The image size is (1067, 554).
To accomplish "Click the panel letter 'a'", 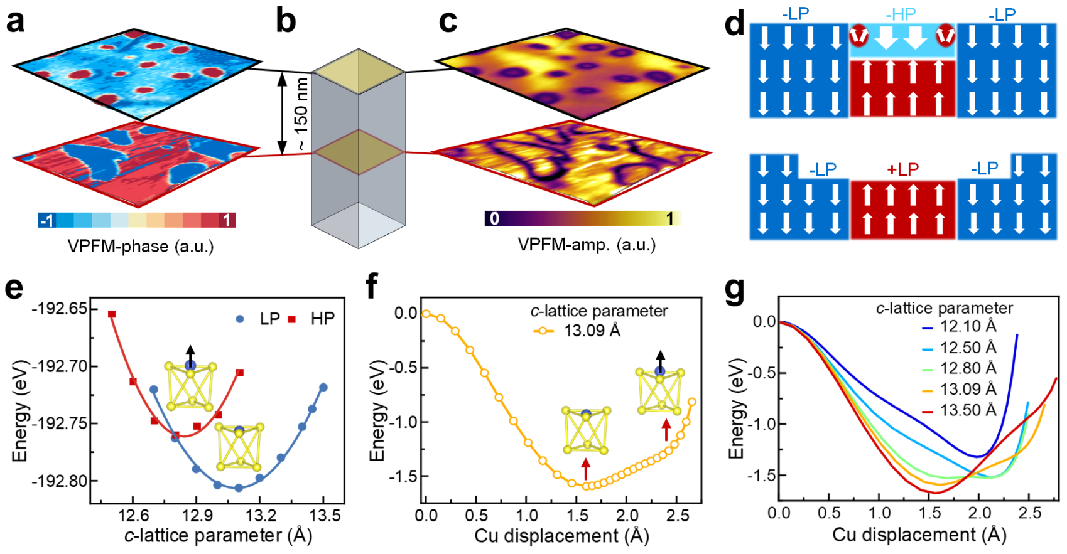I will click(15, 21).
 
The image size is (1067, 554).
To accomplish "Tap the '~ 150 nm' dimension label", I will click(302, 114).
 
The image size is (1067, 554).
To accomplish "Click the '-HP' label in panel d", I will click(901, 14).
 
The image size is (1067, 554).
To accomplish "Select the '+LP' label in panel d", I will click(902, 169).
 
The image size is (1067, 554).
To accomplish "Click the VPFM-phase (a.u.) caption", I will click(141, 247).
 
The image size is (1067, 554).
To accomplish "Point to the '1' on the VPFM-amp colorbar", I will click(669, 218).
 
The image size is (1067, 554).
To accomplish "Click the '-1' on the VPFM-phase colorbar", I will click(46, 221).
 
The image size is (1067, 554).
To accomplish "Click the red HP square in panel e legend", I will click(292, 319).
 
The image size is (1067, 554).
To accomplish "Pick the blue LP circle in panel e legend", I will click(239, 319).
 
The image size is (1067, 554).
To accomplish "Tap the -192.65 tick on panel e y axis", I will click(60, 309).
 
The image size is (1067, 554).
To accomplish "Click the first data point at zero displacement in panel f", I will click(426, 314).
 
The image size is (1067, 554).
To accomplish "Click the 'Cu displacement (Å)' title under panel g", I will click(919, 535).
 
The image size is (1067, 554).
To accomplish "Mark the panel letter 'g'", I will click(735, 290).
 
